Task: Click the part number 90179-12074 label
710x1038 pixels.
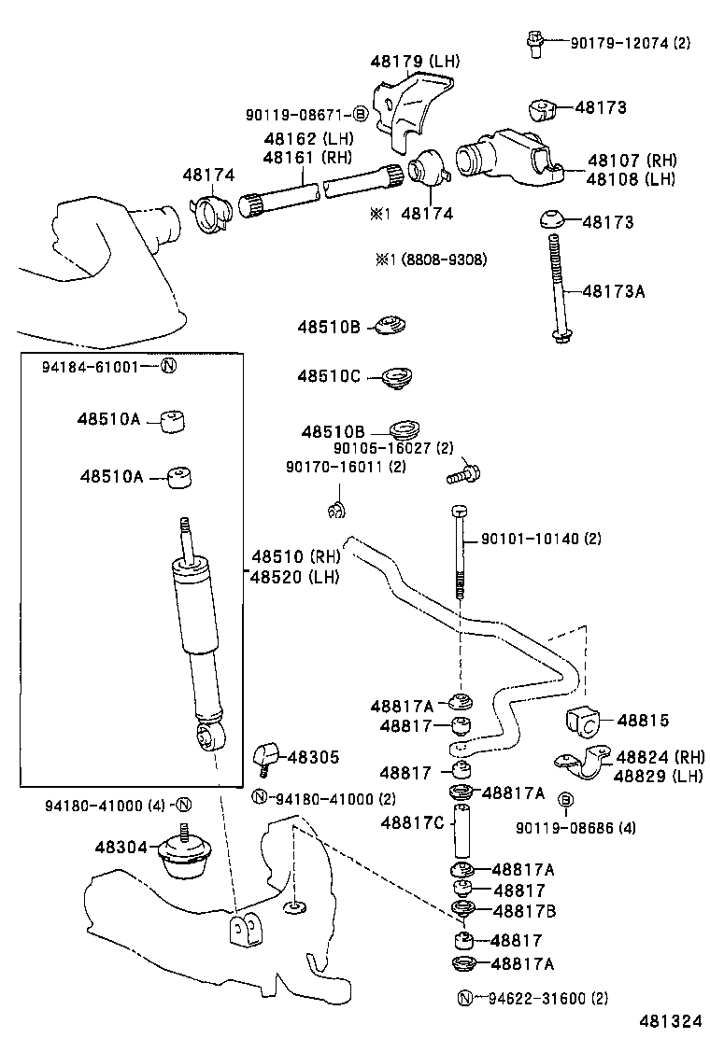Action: click(618, 42)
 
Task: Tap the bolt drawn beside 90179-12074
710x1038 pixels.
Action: click(534, 43)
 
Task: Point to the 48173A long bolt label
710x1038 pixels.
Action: click(614, 291)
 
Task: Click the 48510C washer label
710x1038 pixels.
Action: click(329, 376)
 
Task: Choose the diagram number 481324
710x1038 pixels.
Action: click(671, 1021)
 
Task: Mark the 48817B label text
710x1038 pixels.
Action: click(524, 910)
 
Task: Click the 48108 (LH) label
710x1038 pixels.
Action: click(632, 178)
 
